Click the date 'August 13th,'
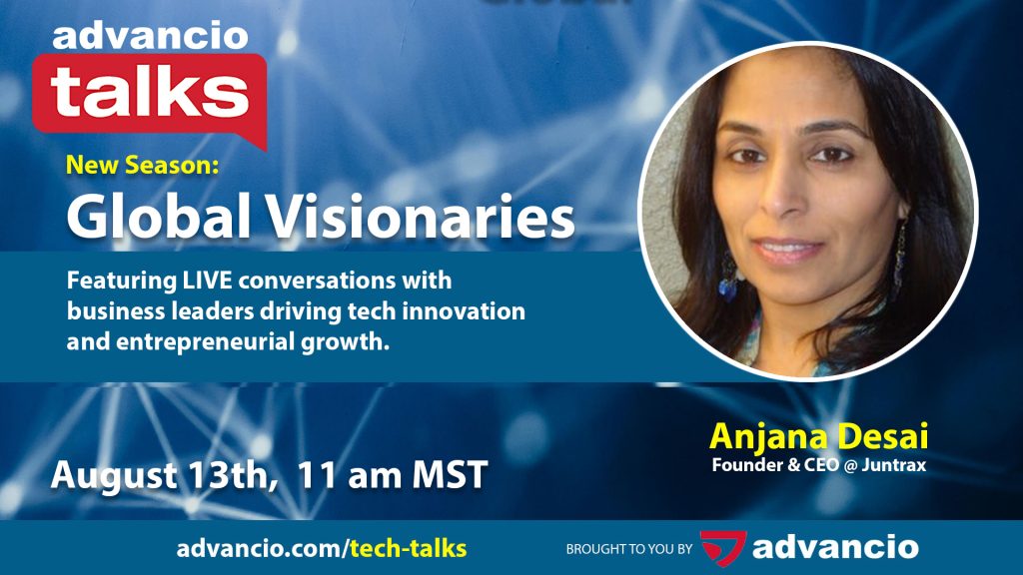pyautogui.click(x=164, y=474)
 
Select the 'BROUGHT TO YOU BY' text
pyautogui.click(x=627, y=549)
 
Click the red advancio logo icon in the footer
pyautogui.click(x=722, y=546)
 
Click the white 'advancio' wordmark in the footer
pyautogui.click(x=835, y=547)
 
